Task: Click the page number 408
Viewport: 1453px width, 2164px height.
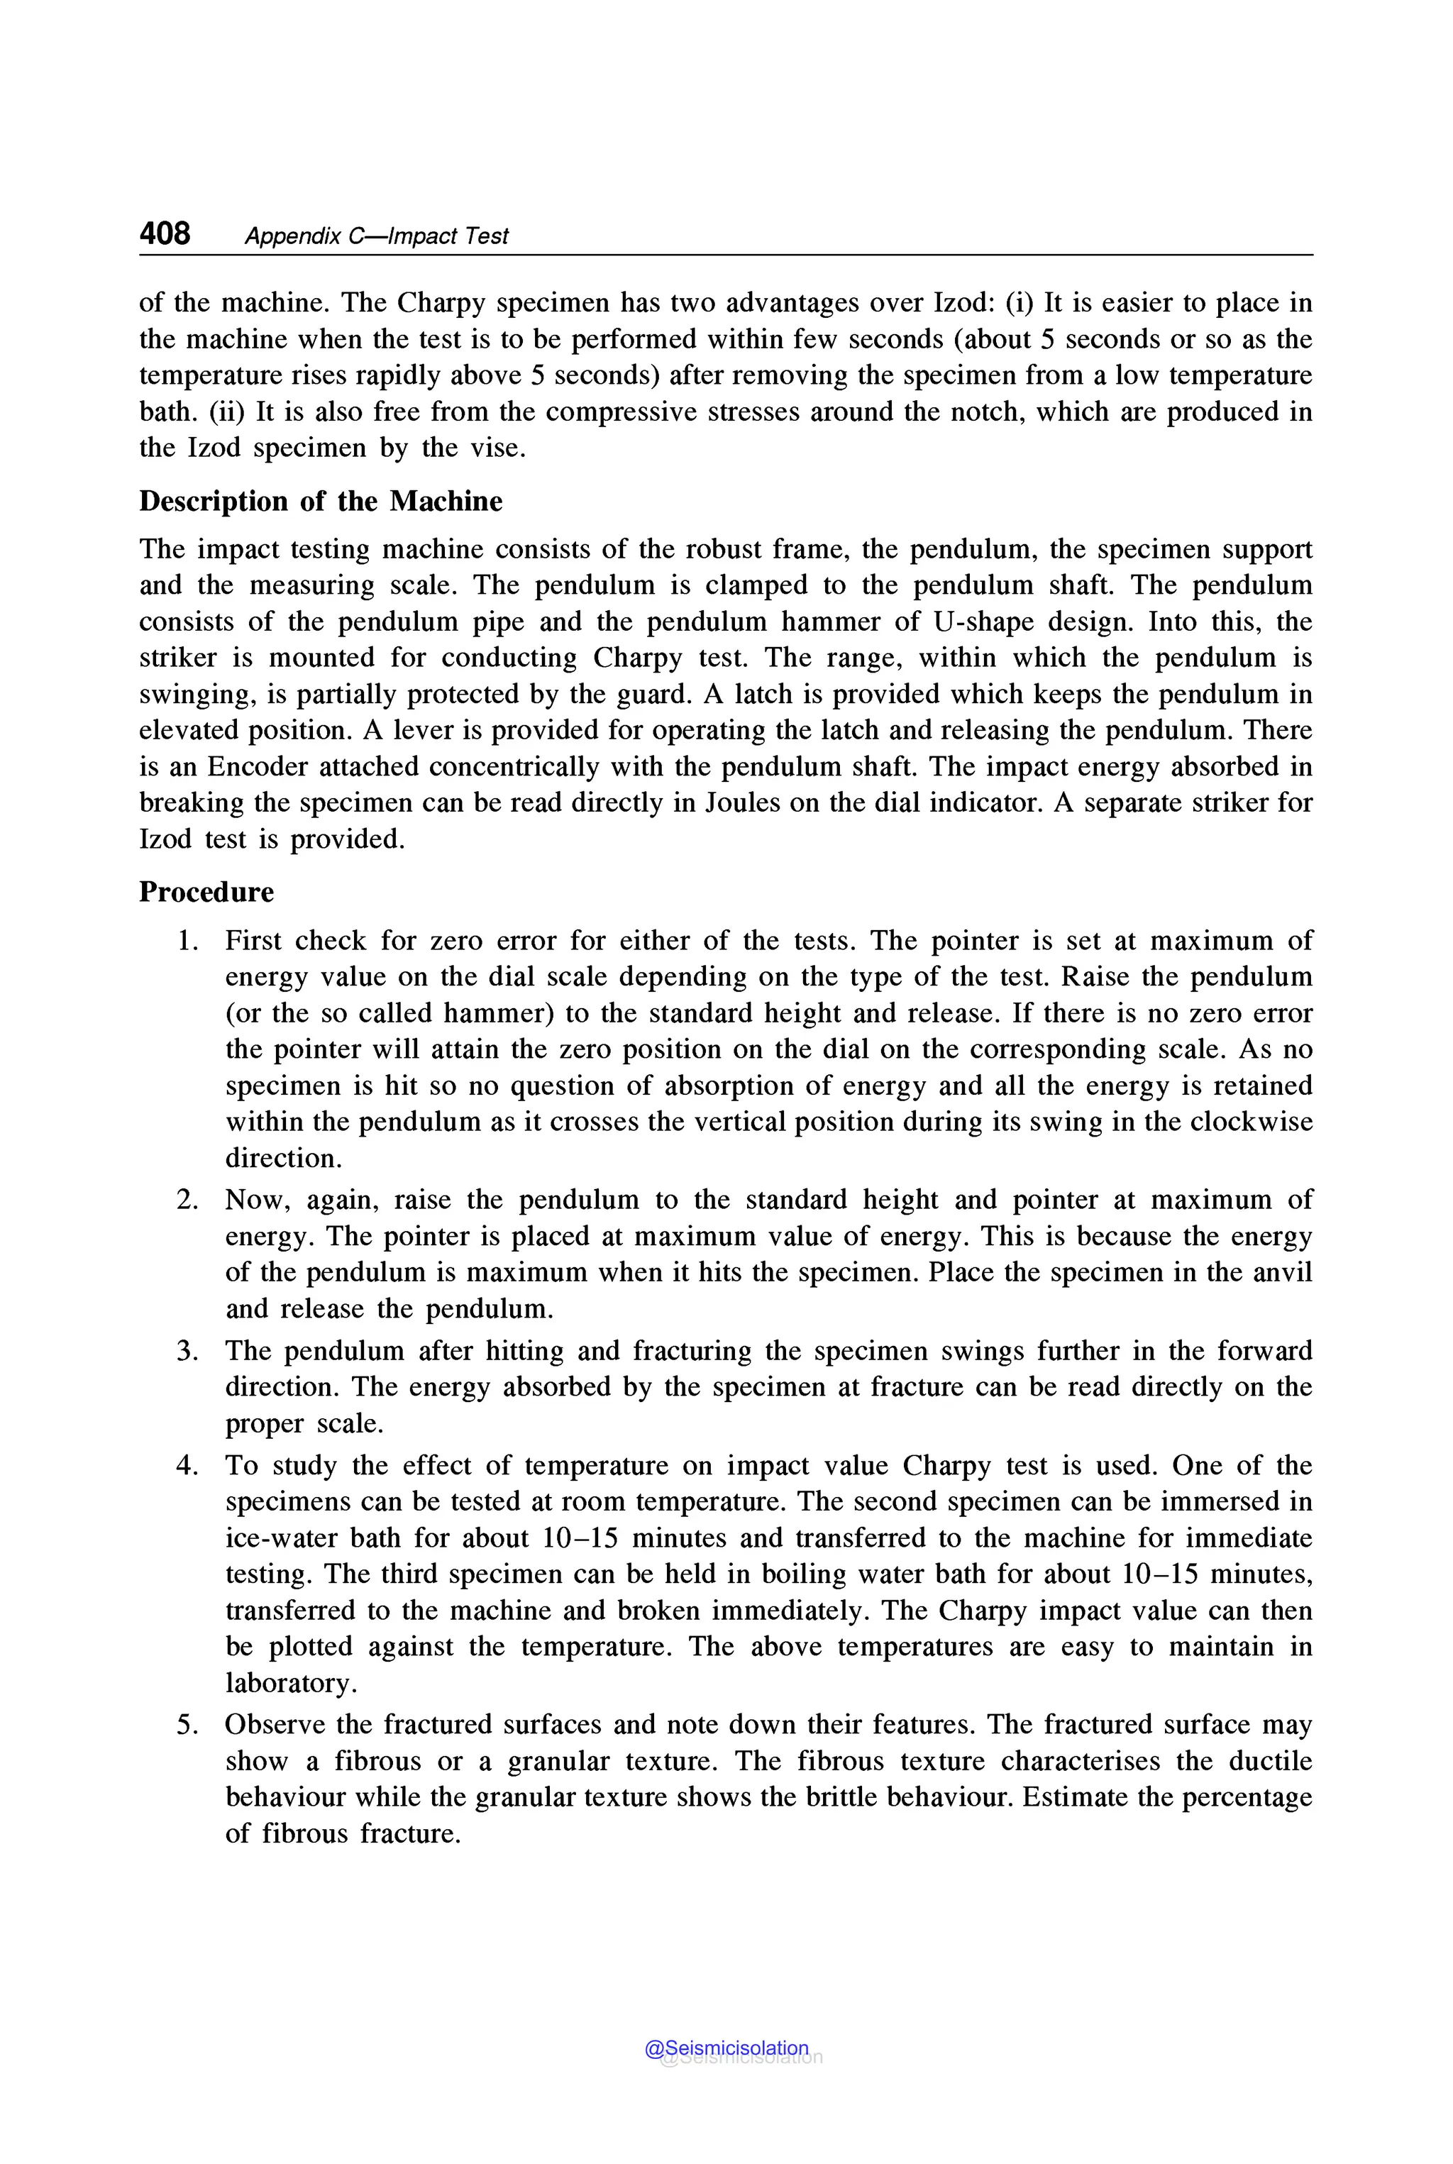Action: pos(165,233)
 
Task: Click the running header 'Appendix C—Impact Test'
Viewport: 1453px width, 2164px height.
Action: pos(376,236)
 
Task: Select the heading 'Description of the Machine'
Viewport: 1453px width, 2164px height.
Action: pos(321,502)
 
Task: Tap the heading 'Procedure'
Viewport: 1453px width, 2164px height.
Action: pos(206,893)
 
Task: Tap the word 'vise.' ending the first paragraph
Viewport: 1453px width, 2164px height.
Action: pos(497,448)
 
